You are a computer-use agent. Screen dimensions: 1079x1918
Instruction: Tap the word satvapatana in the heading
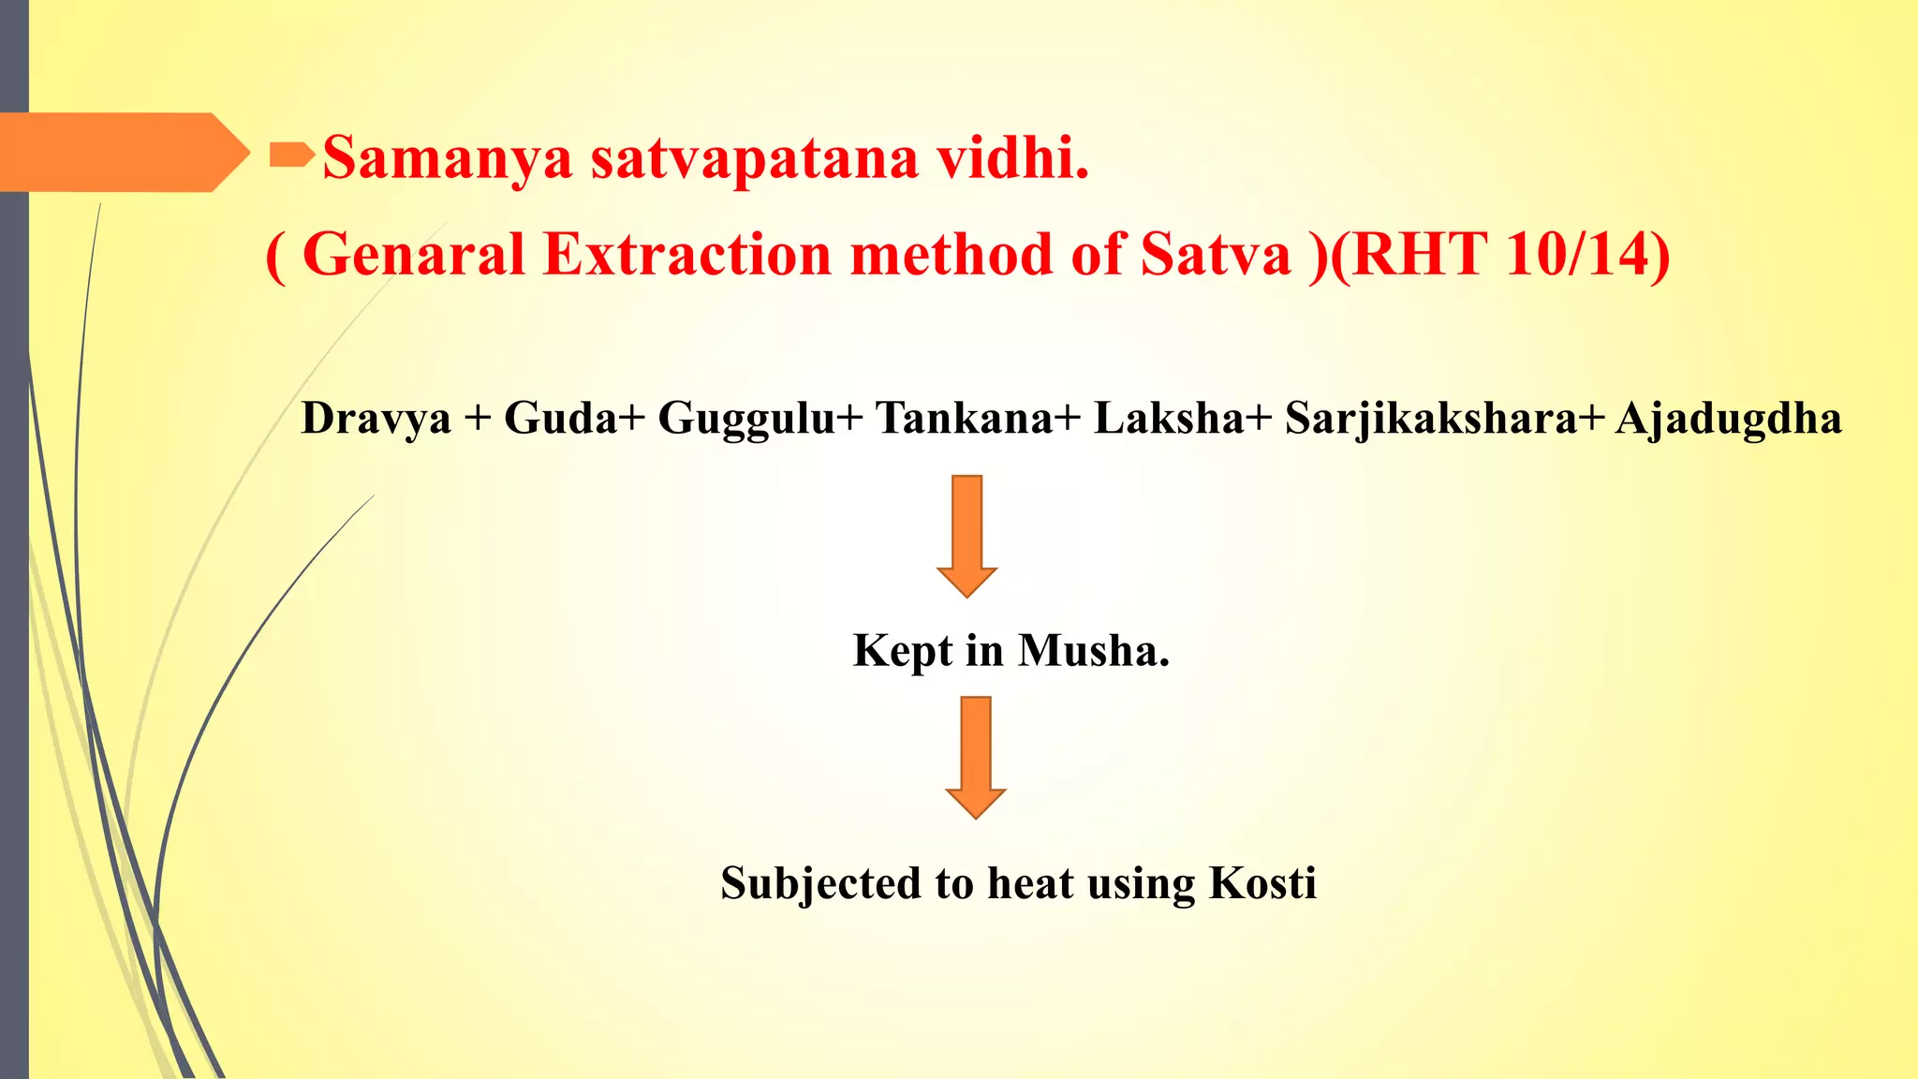pyautogui.click(x=754, y=158)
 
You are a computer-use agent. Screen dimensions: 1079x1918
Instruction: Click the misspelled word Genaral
pyautogui.click(x=412, y=255)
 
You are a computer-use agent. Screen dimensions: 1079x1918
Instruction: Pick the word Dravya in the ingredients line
pyautogui.click(x=376, y=418)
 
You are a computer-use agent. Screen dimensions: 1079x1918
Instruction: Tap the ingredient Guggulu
pyautogui.click(x=746, y=418)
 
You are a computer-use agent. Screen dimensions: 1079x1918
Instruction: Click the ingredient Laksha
pyautogui.click(x=1170, y=418)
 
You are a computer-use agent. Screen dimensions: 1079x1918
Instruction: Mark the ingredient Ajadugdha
pyautogui.click(x=1728, y=418)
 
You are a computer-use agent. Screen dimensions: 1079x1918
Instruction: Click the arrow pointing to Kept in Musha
pyautogui.click(x=966, y=535)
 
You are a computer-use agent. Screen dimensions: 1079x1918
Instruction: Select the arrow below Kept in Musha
pyautogui.click(x=975, y=757)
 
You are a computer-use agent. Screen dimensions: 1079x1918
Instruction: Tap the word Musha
pyautogui.click(x=1092, y=650)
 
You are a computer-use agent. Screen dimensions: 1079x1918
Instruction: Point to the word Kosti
pyautogui.click(x=1262, y=882)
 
